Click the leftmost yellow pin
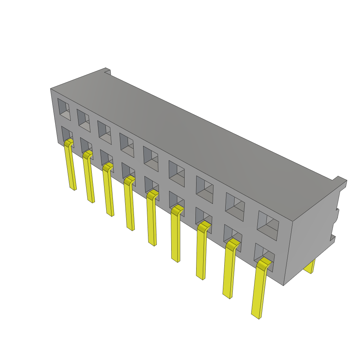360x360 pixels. (x=70, y=165)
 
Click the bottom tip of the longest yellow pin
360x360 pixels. (x=256, y=315)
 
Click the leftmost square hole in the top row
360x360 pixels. (x=64, y=109)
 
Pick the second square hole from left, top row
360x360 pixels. (x=84, y=120)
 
